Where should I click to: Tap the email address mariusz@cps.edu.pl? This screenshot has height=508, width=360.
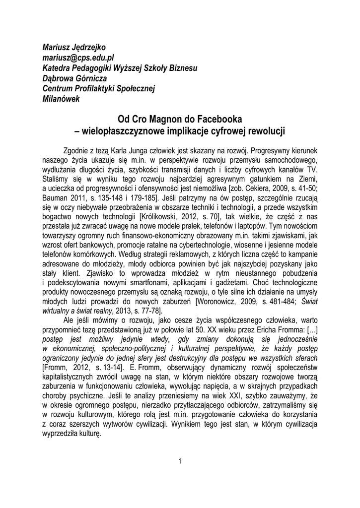[79, 58]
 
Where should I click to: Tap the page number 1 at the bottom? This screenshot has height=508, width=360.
[180, 461]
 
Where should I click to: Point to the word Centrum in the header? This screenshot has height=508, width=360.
[57, 88]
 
